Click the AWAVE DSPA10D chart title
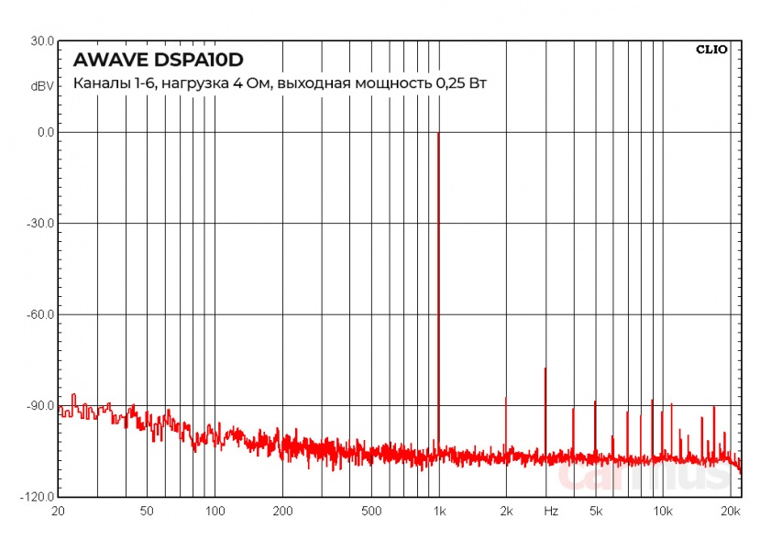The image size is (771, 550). point(158,60)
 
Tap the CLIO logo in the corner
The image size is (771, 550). point(711,49)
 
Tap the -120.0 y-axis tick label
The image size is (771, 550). point(39,497)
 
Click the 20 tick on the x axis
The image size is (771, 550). point(59,511)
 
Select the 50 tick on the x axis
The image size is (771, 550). point(148,511)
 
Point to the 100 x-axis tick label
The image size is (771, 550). point(215,511)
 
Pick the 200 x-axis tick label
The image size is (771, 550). point(282,511)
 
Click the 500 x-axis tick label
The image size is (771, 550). point(371,511)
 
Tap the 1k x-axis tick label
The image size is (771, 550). point(439,511)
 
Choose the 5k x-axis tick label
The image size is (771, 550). point(595,511)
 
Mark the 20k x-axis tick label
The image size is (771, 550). point(730,511)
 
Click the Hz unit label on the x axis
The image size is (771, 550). point(551,511)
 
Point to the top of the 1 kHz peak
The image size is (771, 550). point(438,133)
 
